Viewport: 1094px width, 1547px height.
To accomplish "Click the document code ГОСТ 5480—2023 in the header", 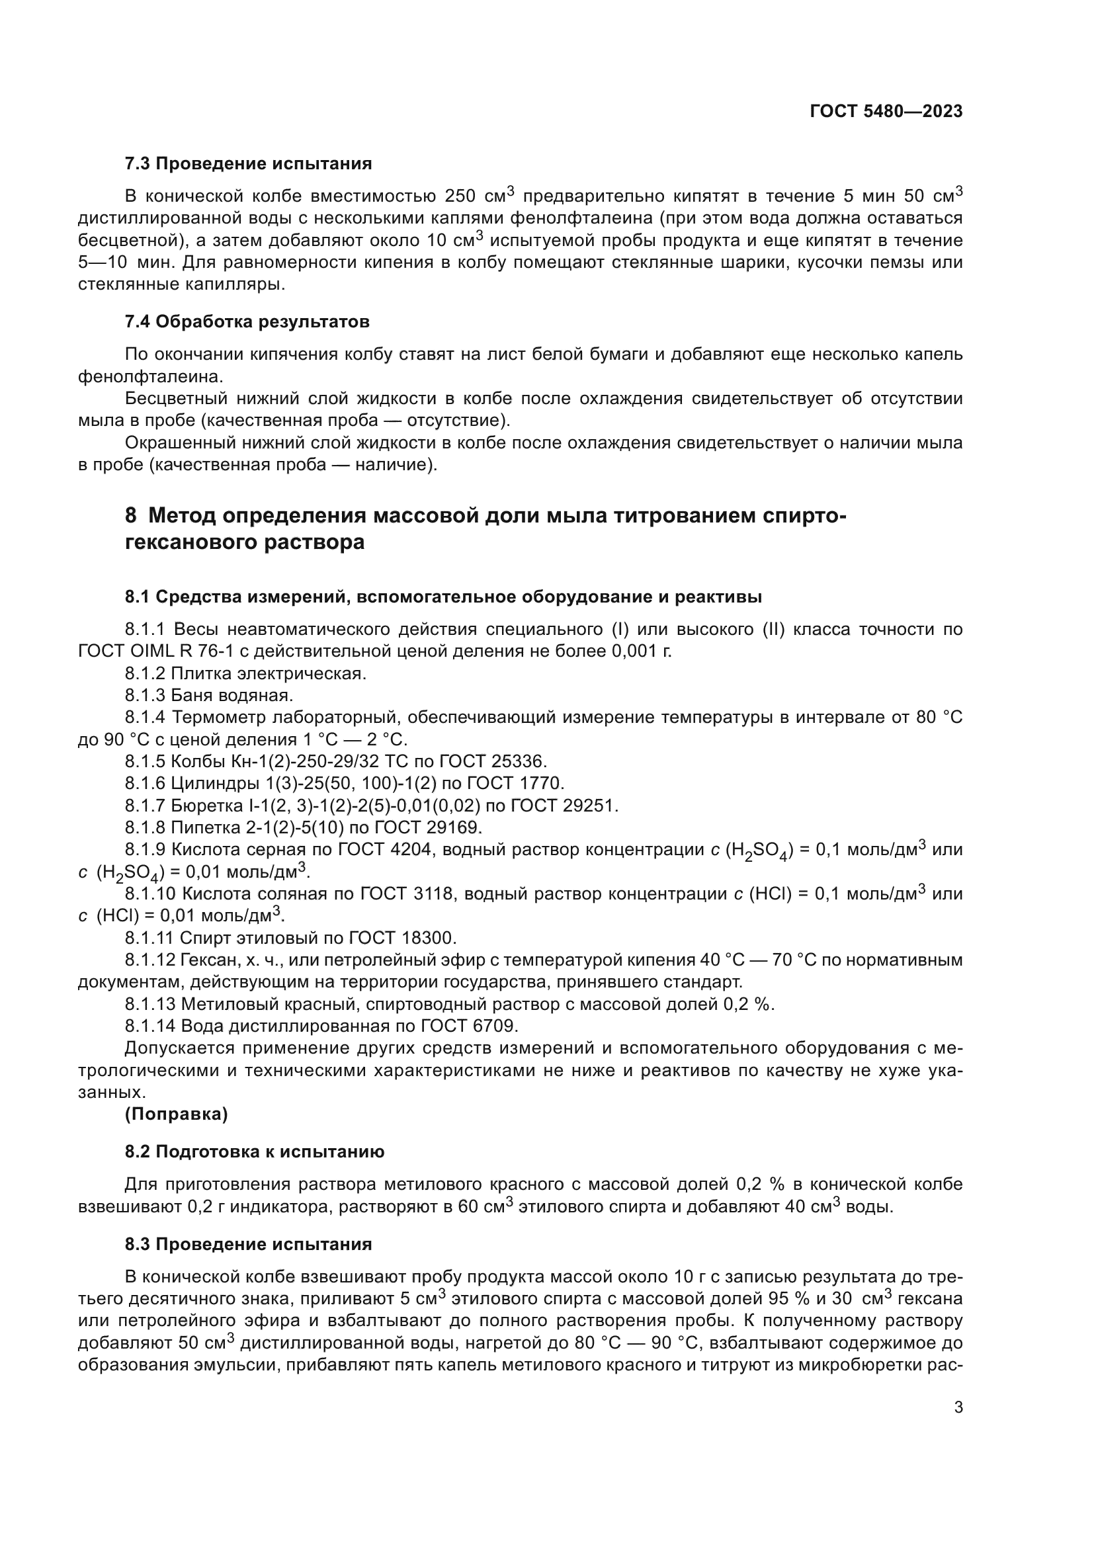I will tap(886, 112).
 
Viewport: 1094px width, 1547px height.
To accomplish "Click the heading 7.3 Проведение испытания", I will tap(248, 164).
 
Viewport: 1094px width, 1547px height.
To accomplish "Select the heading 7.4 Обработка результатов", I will tap(247, 322).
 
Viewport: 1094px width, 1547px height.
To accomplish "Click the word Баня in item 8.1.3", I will tap(190, 695).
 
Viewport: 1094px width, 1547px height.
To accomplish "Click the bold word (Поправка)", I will tap(177, 1114).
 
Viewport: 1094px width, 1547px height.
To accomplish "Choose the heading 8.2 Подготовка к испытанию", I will tap(254, 1151).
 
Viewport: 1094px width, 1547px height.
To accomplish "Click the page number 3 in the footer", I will tap(958, 1407).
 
